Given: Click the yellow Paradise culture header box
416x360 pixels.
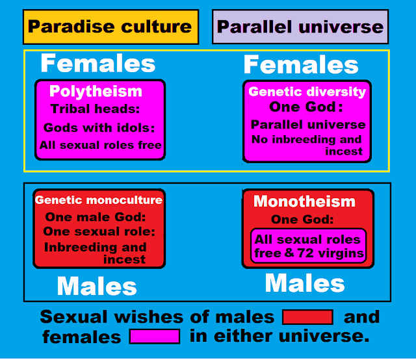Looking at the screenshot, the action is tap(110, 27).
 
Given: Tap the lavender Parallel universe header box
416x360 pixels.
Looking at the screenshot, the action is tap(300, 27).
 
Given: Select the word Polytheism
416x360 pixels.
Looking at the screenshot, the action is tap(96, 92).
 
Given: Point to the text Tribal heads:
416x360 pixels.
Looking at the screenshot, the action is tap(95, 109).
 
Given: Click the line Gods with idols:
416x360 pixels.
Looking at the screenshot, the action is tap(99, 127).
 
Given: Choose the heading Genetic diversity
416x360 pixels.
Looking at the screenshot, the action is tap(307, 92).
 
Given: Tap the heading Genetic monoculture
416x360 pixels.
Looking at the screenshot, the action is tap(99, 200).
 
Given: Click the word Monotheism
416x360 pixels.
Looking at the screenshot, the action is tap(304, 201).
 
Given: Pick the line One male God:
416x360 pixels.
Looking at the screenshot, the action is tap(96, 217).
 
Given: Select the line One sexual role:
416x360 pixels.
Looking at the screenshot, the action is tap(99, 231).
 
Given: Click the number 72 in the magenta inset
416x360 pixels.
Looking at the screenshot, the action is tap(305, 253).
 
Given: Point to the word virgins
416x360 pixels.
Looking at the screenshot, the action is tap(341, 253).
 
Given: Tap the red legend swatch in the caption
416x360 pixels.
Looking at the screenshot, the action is tap(307, 317).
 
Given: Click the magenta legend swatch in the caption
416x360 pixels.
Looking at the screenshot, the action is tap(155, 337).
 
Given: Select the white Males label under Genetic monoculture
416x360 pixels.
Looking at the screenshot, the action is tap(97, 287).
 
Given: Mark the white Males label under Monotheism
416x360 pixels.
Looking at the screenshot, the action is tap(305, 283).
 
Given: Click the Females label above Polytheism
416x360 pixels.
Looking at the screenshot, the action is tap(98, 63).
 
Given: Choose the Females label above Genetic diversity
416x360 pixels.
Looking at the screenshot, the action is tap(301, 64).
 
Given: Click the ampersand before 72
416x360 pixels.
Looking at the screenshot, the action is tap(289, 253).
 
